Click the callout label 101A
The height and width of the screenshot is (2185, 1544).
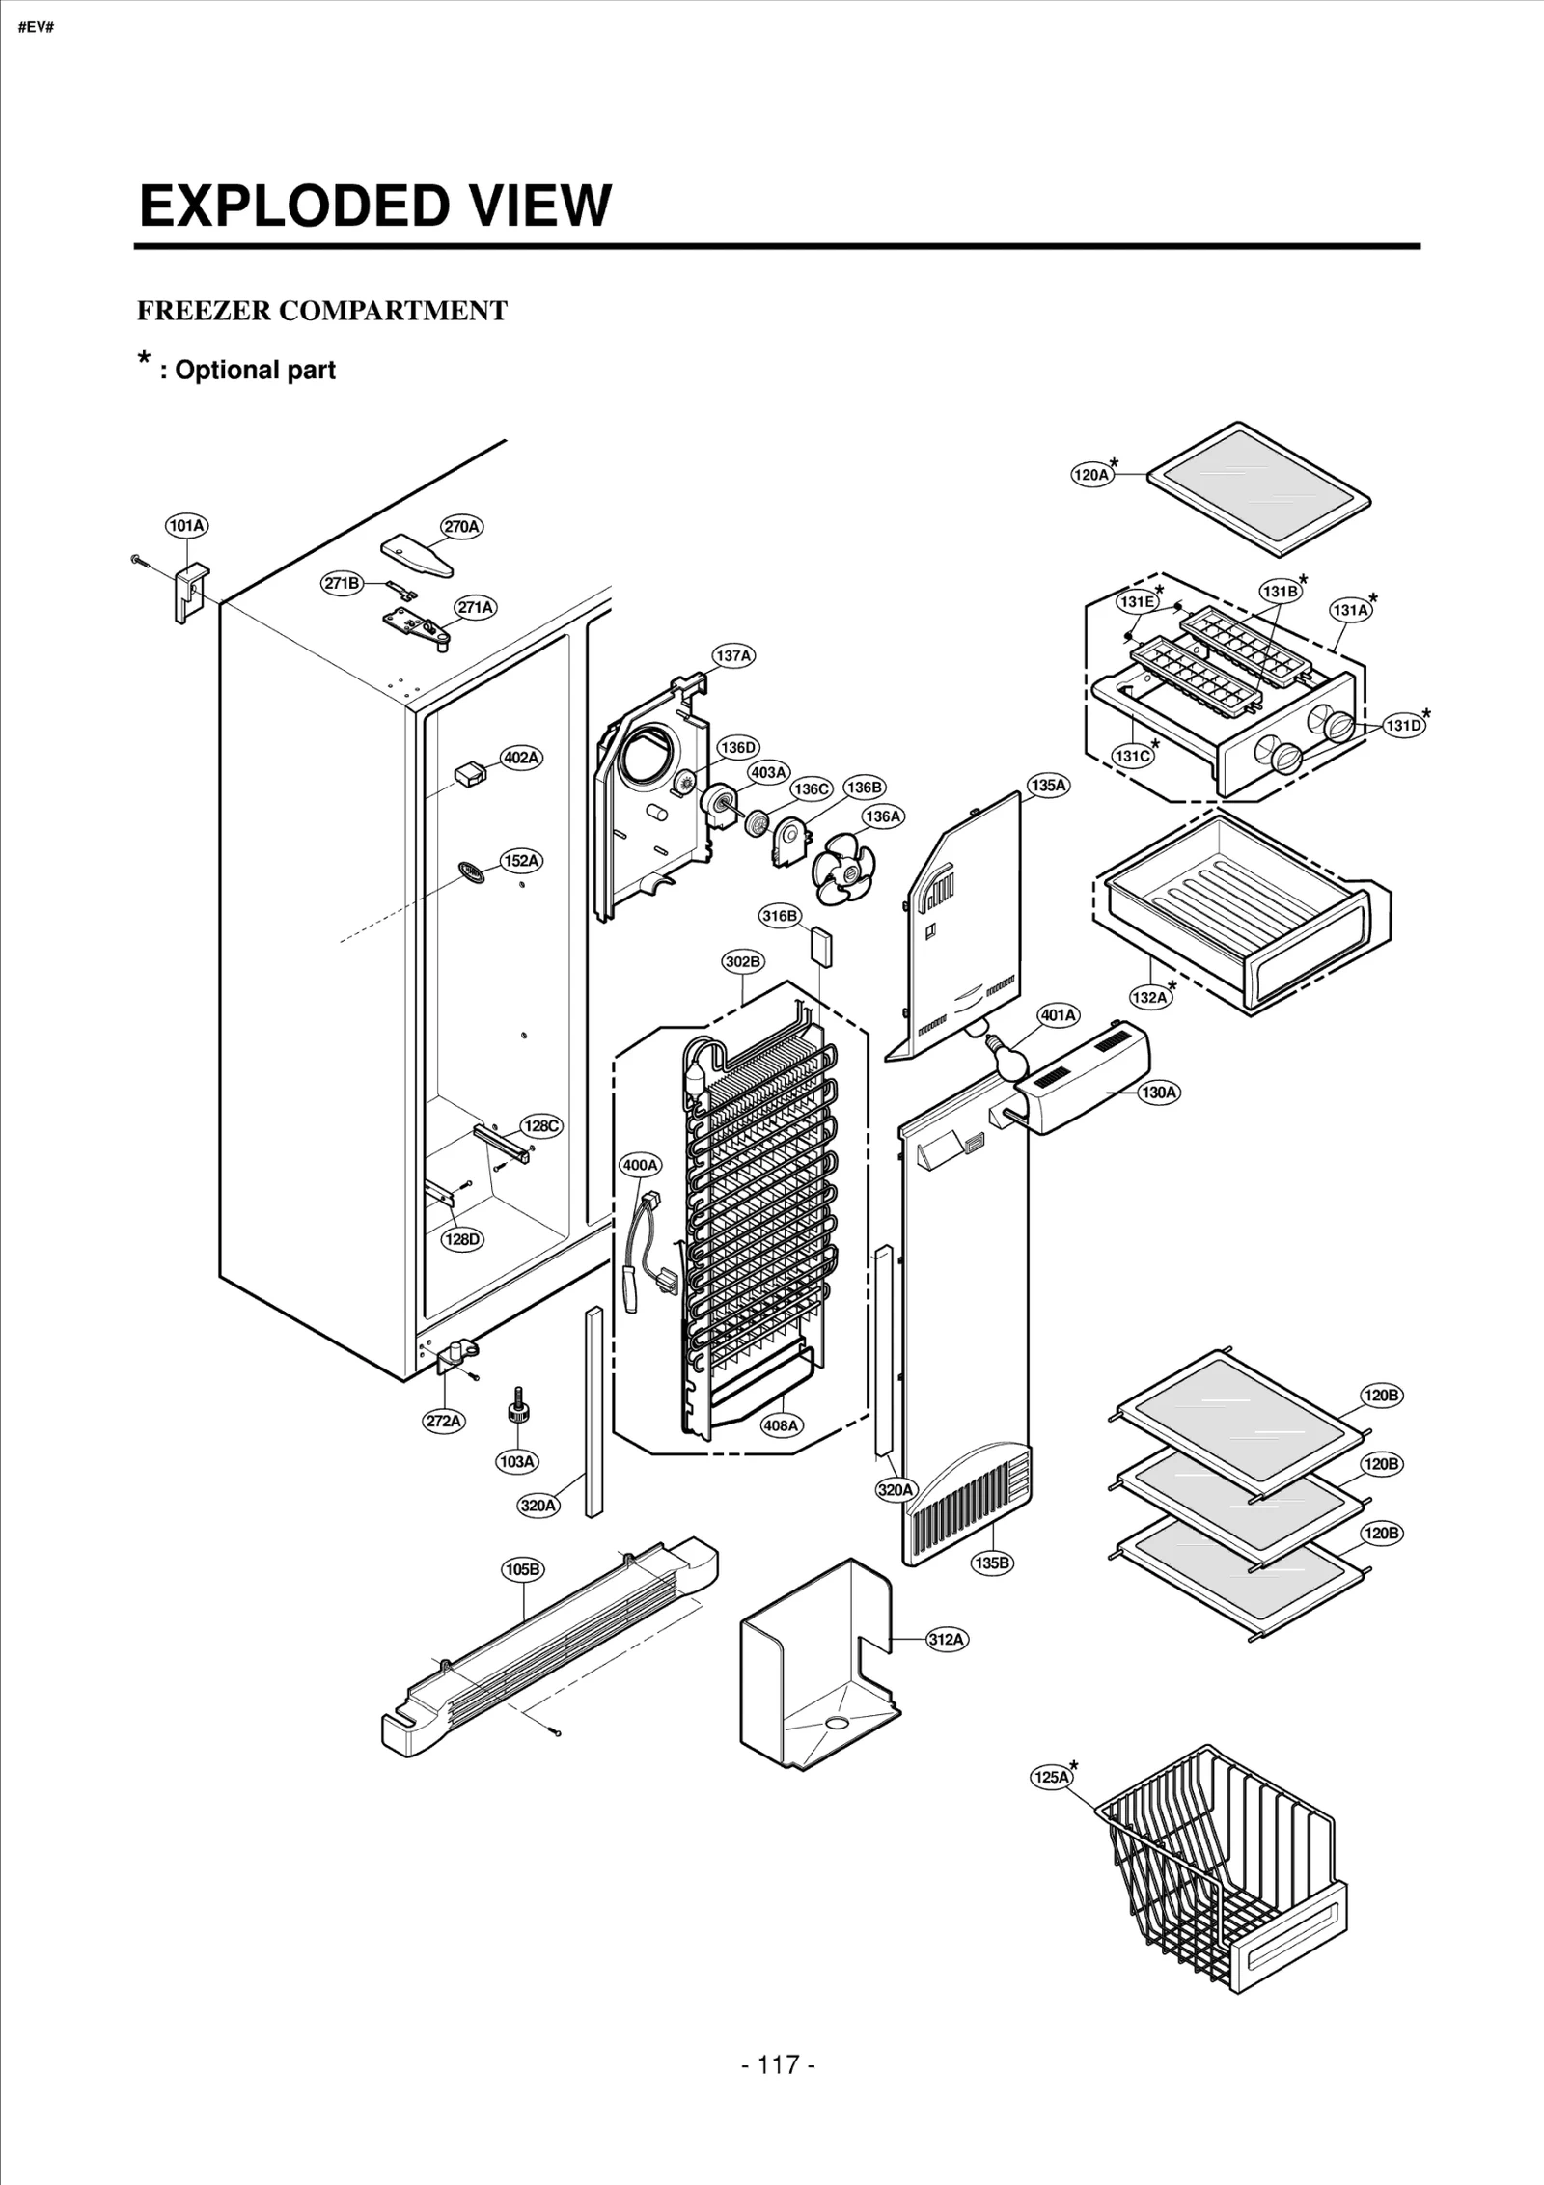[186, 526]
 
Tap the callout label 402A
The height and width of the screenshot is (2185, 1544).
[521, 758]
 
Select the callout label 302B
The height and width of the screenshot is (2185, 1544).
[743, 961]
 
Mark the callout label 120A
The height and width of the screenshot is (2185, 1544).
[1091, 475]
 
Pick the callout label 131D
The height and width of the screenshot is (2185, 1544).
[1404, 726]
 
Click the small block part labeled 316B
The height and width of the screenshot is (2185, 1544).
[822, 946]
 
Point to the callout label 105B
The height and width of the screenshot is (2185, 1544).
[522, 1570]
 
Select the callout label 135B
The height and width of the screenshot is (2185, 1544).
[992, 1563]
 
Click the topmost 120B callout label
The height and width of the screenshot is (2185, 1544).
[1381, 1396]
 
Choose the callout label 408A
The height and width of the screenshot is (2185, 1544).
[781, 1425]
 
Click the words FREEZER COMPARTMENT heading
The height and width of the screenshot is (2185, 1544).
[322, 311]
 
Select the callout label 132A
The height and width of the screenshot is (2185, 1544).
[1149, 997]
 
